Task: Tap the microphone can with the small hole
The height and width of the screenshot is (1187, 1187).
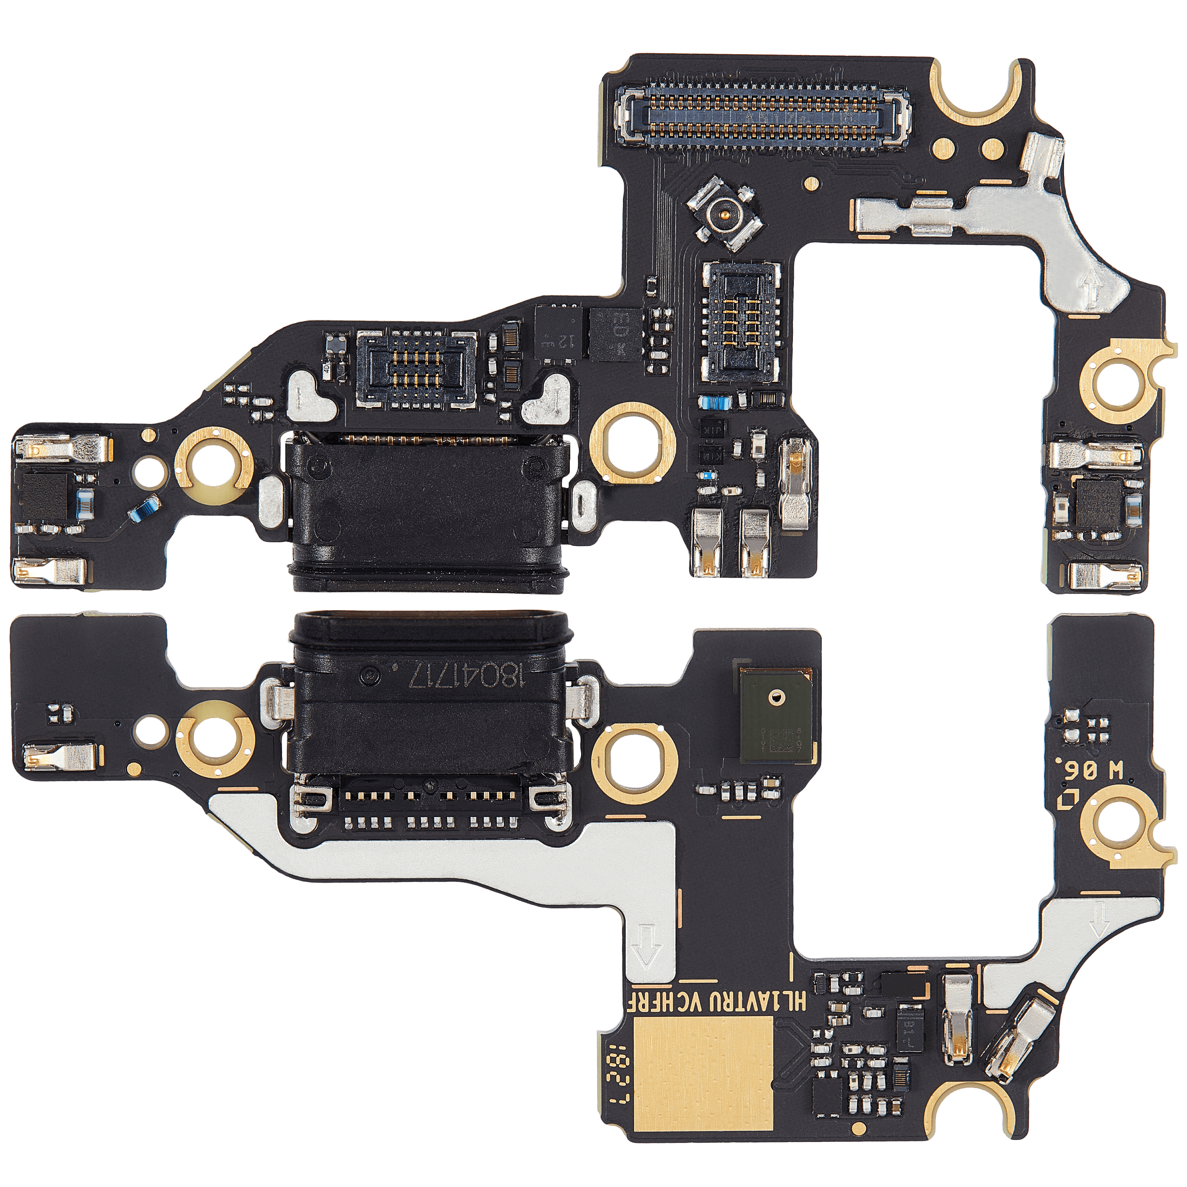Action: click(777, 715)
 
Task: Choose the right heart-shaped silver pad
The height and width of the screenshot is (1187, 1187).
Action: click(548, 397)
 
